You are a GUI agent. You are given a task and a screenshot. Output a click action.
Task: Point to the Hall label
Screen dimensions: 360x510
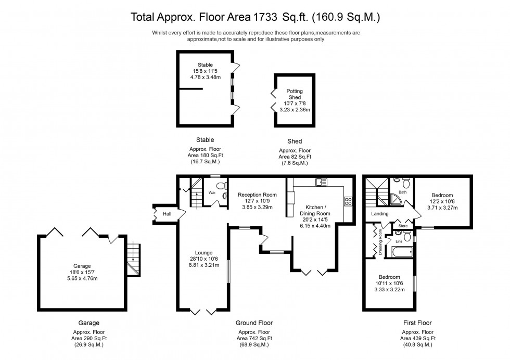click(x=167, y=214)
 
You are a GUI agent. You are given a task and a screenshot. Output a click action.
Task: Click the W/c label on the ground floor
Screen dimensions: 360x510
click(x=212, y=192)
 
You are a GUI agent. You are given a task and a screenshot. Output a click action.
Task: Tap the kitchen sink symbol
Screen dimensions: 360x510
click(x=320, y=182)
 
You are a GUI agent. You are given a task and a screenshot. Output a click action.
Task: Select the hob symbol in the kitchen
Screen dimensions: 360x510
click(x=348, y=201)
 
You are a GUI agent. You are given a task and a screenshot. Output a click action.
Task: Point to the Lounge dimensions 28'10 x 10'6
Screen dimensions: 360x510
click(x=203, y=259)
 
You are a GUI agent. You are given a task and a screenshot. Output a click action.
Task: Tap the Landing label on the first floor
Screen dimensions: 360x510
click(x=379, y=214)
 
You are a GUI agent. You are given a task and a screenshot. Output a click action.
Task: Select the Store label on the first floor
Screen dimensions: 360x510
click(x=403, y=226)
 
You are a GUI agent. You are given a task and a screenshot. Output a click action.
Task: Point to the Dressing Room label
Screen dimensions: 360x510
click(x=380, y=241)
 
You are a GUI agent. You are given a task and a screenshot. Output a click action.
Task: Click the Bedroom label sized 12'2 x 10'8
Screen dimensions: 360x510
click(x=441, y=195)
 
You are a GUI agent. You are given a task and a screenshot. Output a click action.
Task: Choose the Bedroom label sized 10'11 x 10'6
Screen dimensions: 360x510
click(x=389, y=277)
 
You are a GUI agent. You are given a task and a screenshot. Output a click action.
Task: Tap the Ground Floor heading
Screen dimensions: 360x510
click(x=254, y=323)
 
